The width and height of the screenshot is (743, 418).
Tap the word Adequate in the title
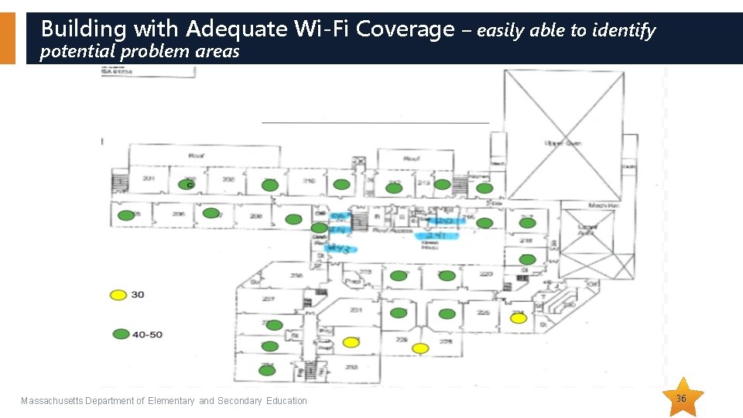[238, 29]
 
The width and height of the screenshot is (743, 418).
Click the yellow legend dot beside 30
[118, 295]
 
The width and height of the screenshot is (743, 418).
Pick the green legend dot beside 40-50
[121, 334]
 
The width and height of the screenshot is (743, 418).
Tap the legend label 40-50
[147, 334]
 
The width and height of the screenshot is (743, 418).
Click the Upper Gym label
[563, 143]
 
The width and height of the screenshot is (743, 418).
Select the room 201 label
[149, 180]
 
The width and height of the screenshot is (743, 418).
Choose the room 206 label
[179, 214]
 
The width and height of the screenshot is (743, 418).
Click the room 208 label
[255, 216]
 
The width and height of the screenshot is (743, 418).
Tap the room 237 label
[268, 299]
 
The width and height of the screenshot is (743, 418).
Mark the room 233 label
[351, 367]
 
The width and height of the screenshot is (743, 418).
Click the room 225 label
[483, 313]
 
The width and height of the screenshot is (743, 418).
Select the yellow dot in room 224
[519, 317]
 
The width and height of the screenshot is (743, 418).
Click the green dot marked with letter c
[187, 185]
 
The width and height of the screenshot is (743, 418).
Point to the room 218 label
[526, 241]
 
